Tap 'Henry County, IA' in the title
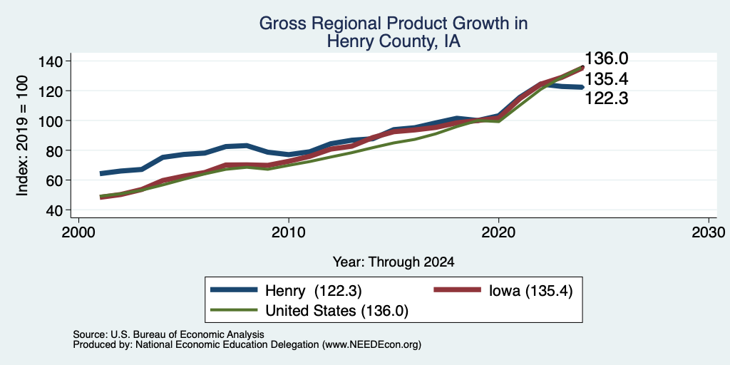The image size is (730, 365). coord(394,41)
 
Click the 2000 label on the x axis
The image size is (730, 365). coord(78,232)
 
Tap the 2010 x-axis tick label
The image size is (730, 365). coord(289,232)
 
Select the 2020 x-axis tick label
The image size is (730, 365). coord(498,232)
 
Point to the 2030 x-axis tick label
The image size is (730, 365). coord(709,232)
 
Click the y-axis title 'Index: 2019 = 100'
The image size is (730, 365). coord(22,135)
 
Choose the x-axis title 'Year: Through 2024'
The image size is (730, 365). coord(394,262)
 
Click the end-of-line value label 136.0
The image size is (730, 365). coord(606,58)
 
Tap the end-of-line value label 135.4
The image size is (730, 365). coord(606,79)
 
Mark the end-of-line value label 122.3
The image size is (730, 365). coord(606,98)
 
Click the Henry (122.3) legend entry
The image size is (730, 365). coord(286,290)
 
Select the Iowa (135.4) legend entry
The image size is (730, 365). coord(503,290)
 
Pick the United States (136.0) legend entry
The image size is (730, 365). coord(309,311)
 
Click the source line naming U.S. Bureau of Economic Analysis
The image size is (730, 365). coord(168,334)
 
